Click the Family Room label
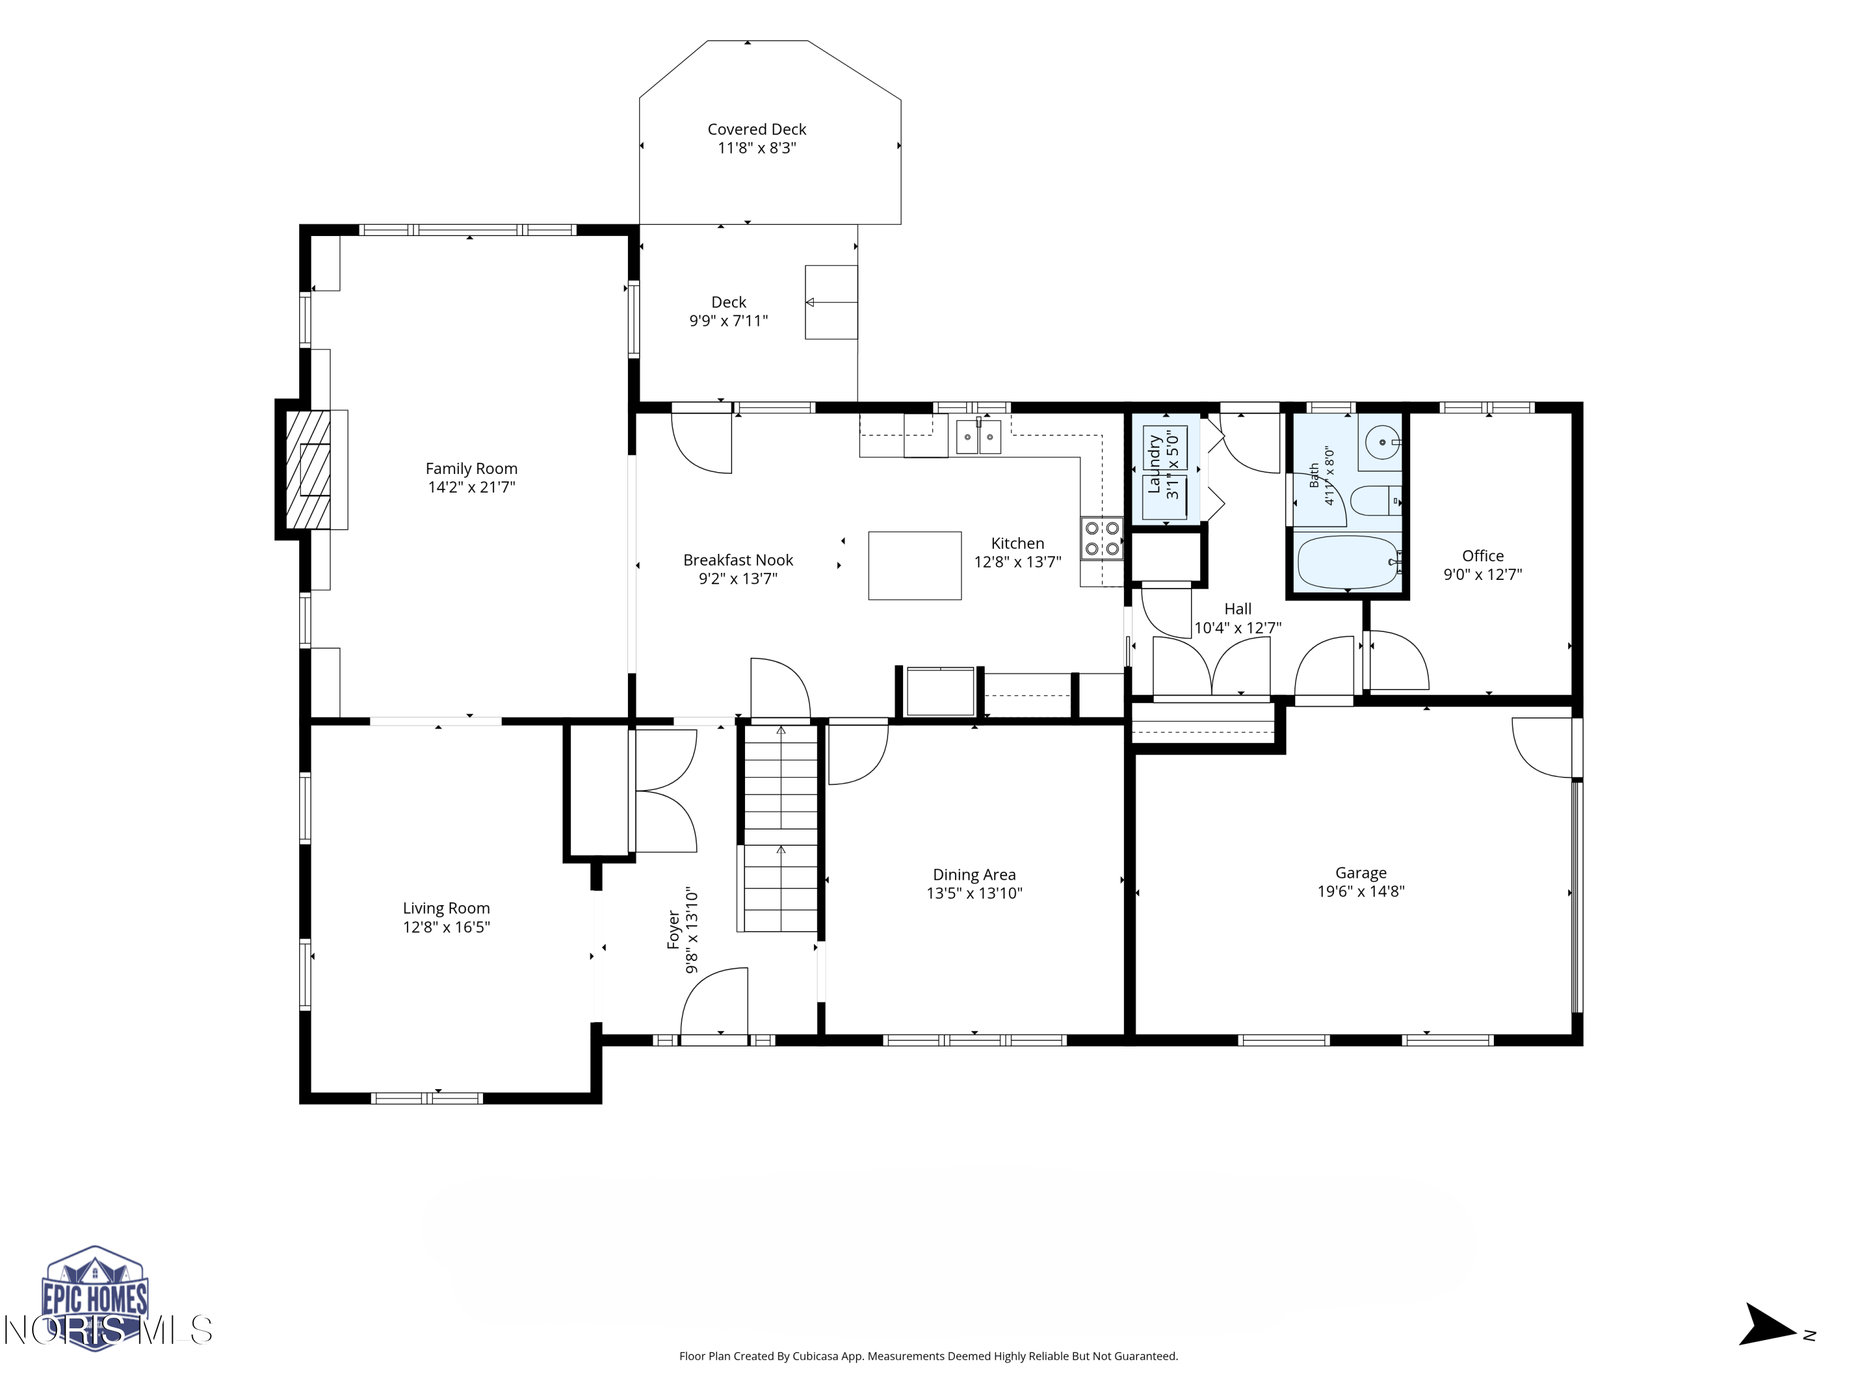(471, 469)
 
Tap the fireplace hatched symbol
(307, 470)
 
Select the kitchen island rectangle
(915, 566)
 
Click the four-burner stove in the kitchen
(1102, 538)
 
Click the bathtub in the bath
(1347, 561)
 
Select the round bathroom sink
(1382, 442)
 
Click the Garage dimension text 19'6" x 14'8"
(1361, 892)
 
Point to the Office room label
(1483, 555)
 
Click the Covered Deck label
(757, 129)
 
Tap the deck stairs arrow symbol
(832, 302)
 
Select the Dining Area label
(974, 875)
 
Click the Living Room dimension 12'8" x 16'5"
(446, 927)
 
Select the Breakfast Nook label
(738, 559)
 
